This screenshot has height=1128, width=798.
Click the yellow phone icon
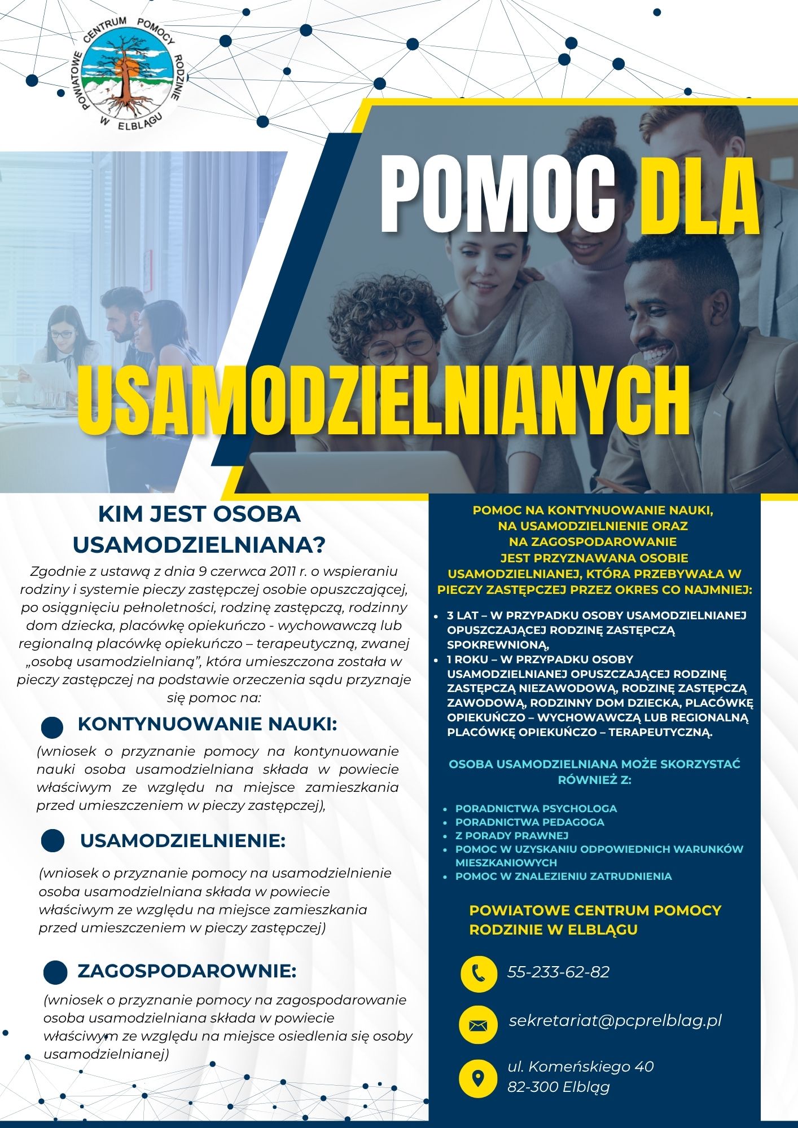tap(479, 972)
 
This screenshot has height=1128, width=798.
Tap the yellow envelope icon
tap(479, 1024)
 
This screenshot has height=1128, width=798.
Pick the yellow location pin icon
tap(479, 1077)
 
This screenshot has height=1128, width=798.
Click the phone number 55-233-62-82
tap(558, 972)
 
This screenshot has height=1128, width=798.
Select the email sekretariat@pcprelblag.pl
tap(615, 1021)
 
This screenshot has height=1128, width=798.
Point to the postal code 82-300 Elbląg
tap(558, 1087)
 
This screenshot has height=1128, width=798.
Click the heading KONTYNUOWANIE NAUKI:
tap(207, 724)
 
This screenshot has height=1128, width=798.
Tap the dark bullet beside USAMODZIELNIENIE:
tap(53, 841)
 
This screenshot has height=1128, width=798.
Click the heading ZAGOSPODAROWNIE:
tap(187, 971)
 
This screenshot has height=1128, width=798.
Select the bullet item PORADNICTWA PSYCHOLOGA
tap(536, 808)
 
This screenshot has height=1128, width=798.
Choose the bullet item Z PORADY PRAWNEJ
tap(511, 835)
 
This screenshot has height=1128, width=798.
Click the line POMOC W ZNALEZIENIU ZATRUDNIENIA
tap(563, 876)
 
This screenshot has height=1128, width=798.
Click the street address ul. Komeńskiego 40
tap(580, 1067)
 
